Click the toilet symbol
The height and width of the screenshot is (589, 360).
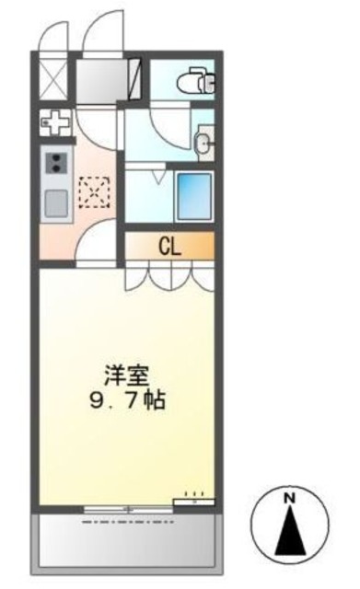[198, 80]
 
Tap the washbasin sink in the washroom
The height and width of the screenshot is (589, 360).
[204, 142]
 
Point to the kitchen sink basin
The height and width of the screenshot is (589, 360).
[54, 202]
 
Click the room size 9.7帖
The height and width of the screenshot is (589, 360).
[129, 401]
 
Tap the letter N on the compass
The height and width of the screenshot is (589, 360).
[289, 498]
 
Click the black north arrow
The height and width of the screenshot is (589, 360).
[289, 529]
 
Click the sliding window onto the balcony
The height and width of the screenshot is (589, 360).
[128, 507]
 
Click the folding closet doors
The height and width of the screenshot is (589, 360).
[169, 273]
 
